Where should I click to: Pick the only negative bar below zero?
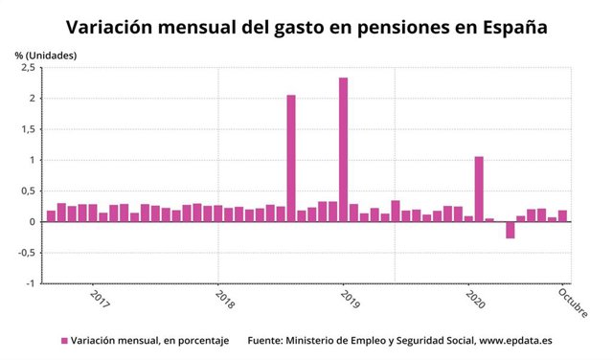tap(511, 230)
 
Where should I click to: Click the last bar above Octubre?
tap(563, 216)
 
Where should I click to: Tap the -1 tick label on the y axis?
tap(29, 283)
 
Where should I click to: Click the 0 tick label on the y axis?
tap(32, 222)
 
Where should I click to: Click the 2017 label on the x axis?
tap(99, 300)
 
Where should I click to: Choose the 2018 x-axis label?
tap(224, 300)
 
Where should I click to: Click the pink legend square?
tap(64, 340)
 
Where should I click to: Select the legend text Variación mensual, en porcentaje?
tap(149, 340)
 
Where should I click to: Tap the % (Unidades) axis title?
tap(46, 55)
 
